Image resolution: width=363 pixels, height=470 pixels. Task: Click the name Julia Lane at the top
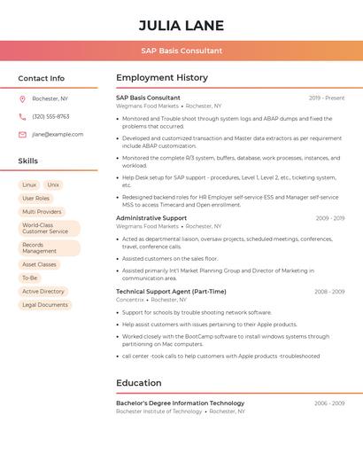[181, 25]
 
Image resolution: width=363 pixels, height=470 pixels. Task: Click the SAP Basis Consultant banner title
[181, 51]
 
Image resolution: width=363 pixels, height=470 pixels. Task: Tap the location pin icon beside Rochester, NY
[22, 98]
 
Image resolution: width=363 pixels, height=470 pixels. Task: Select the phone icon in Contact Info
[22, 116]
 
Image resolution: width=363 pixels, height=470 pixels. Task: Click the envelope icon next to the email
[22, 134]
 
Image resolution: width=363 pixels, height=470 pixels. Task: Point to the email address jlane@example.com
[58, 134]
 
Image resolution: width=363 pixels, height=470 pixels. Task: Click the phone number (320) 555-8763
[50, 116]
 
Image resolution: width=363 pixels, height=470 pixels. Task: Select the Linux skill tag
[29, 184]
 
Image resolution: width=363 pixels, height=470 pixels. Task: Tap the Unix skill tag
[53, 184]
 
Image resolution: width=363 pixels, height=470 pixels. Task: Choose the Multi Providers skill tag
[42, 212]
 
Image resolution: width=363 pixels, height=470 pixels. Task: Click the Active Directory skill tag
[43, 291]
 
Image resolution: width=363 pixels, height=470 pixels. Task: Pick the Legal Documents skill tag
[45, 304]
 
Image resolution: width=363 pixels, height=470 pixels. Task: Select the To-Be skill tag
[30, 278]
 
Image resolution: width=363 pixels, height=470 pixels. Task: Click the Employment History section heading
[162, 78]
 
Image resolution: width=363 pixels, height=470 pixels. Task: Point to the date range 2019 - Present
[327, 98]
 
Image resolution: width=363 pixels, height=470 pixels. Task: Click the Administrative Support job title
[151, 217]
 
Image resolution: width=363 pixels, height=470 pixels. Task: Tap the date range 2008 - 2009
[329, 291]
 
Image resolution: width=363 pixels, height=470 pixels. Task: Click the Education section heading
[139, 383]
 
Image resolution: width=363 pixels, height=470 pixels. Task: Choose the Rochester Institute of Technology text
[159, 411]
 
